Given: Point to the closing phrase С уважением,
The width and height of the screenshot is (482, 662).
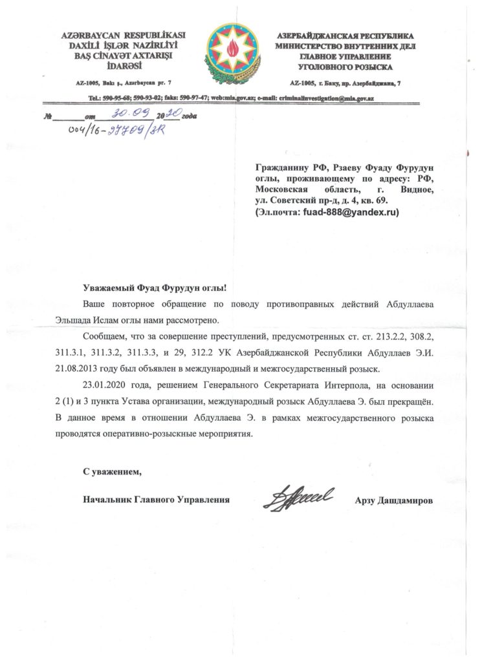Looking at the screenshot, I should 112,473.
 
